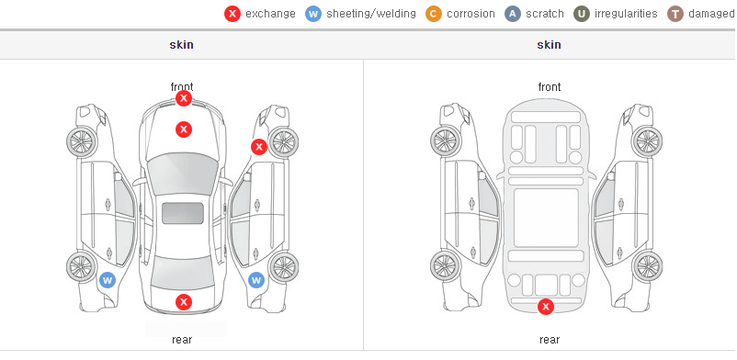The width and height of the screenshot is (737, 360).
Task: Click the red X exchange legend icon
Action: click(x=232, y=14)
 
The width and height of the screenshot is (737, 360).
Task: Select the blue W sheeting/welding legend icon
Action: click(x=313, y=14)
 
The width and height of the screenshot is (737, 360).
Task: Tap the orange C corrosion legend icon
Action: click(x=434, y=14)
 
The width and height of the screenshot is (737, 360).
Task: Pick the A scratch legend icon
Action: click(x=513, y=14)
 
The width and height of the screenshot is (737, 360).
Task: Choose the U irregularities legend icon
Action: click(x=582, y=14)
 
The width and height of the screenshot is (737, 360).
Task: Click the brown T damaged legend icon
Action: click(x=675, y=14)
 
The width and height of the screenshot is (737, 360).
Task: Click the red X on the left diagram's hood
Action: click(x=184, y=129)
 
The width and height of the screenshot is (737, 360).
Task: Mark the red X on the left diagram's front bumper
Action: click(x=184, y=98)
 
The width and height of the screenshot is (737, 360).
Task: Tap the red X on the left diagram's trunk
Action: click(x=184, y=302)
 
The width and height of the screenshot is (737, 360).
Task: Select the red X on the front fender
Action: click(x=258, y=147)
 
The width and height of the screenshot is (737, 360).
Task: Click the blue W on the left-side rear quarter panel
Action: click(x=108, y=281)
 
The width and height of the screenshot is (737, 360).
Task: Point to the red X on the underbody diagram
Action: click(x=546, y=307)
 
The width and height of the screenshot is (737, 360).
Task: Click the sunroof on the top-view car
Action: click(x=183, y=213)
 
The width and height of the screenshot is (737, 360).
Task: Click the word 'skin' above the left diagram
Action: click(x=181, y=45)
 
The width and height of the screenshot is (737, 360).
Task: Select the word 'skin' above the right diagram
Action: click(x=549, y=45)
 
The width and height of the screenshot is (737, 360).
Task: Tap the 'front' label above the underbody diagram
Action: click(x=550, y=87)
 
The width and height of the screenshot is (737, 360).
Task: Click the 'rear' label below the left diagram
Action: click(x=182, y=340)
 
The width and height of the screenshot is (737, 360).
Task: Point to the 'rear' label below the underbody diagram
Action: click(x=550, y=340)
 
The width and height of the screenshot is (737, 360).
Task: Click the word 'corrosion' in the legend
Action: click(x=471, y=14)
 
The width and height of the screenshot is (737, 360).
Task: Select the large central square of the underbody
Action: click(x=546, y=218)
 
